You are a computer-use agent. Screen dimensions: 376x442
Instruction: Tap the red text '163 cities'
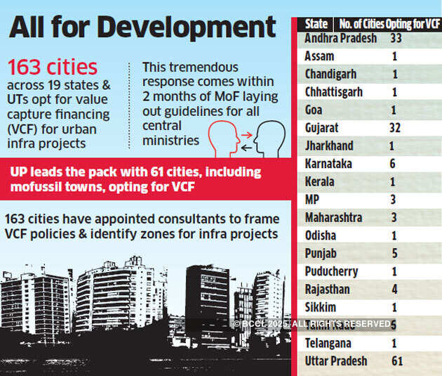pos(53,67)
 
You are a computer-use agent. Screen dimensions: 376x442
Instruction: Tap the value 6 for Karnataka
pos(393,164)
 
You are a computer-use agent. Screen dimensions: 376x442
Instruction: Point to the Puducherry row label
pos(331,271)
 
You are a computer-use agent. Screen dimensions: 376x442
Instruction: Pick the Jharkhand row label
pos(329,146)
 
